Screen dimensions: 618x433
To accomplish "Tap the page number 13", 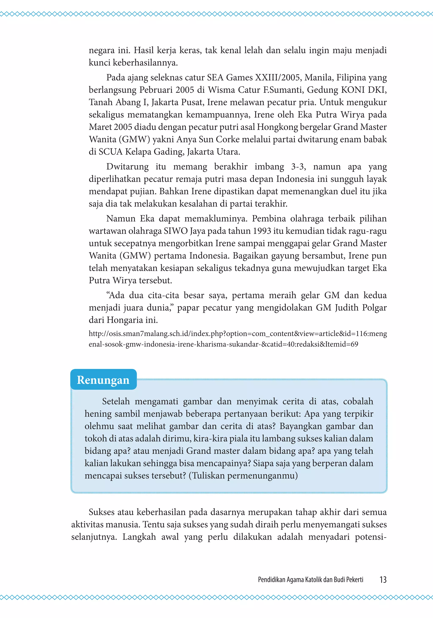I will coord(383,580).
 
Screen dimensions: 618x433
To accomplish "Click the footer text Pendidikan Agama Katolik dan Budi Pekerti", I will coord(310,580).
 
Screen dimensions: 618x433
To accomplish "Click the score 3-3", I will coord(298,167).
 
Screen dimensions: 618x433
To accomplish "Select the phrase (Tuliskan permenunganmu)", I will coord(243,476).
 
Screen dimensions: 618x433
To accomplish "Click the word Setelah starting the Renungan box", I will coord(116,401).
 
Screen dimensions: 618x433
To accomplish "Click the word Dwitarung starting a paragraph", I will coord(127,167).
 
